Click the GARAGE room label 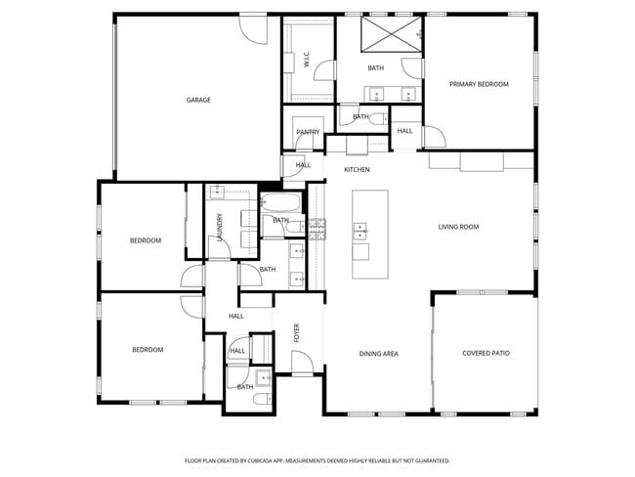pyautogui.click(x=198, y=100)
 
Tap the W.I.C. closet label pyautogui.click(x=307, y=60)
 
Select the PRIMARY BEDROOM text pyautogui.click(x=479, y=84)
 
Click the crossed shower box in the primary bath pyautogui.click(x=390, y=37)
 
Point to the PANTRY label pyautogui.click(x=308, y=132)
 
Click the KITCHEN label pyautogui.click(x=357, y=170)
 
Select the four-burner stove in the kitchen pyautogui.click(x=317, y=231)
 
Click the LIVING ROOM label pyautogui.click(x=457, y=227)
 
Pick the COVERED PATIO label pyautogui.click(x=486, y=353)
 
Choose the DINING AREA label pyautogui.click(x=378, y=353)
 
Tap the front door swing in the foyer pyautogui.click(x=303, y=363)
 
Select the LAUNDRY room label pyautogui.click(x=220, y=228)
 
